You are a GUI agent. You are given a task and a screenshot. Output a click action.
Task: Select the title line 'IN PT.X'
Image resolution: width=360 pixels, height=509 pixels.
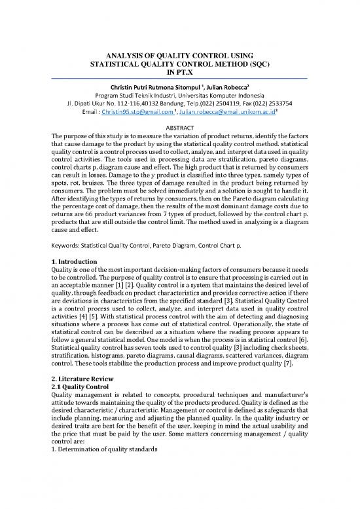pos(180,74)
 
